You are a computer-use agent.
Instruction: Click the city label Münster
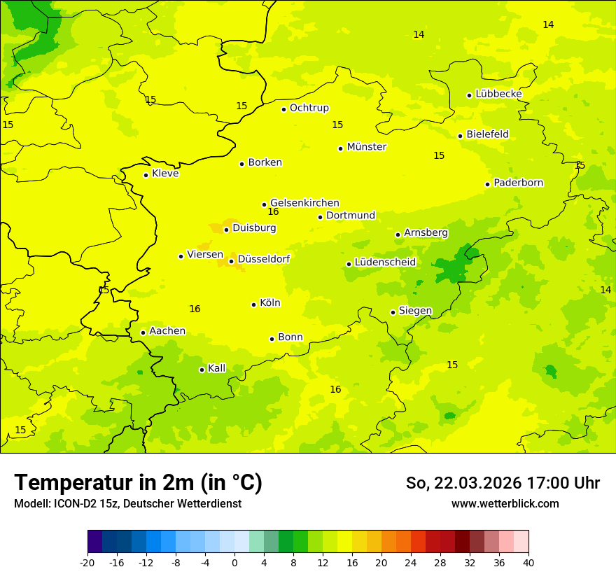point(366,147)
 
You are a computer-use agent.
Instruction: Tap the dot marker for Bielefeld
point(460,136)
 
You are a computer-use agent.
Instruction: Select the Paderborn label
point(518,183)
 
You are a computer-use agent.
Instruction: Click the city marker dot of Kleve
point(146,175)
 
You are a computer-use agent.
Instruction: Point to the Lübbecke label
point(498,94)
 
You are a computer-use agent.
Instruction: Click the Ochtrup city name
point(309,108)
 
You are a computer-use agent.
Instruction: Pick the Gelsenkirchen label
point(304,203)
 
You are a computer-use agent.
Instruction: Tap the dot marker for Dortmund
point(320,217)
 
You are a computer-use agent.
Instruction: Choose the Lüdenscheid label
point(385,262)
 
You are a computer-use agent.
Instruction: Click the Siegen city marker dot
point(393,312)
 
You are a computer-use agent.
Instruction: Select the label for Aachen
point(167,331)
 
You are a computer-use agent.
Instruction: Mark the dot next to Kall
point(202,370)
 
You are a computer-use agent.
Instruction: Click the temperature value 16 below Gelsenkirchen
point(273,212)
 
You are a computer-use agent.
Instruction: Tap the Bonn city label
point(290,337)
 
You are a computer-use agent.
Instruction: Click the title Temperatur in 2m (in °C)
point(138,483)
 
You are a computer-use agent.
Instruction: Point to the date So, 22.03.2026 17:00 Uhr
point(503,483)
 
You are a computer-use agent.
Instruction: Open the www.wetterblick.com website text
point(505,503)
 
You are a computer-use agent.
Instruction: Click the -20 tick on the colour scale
point(87,562)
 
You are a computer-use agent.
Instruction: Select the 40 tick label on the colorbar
point(528,562)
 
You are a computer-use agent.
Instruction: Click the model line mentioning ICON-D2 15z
point(127,503)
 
